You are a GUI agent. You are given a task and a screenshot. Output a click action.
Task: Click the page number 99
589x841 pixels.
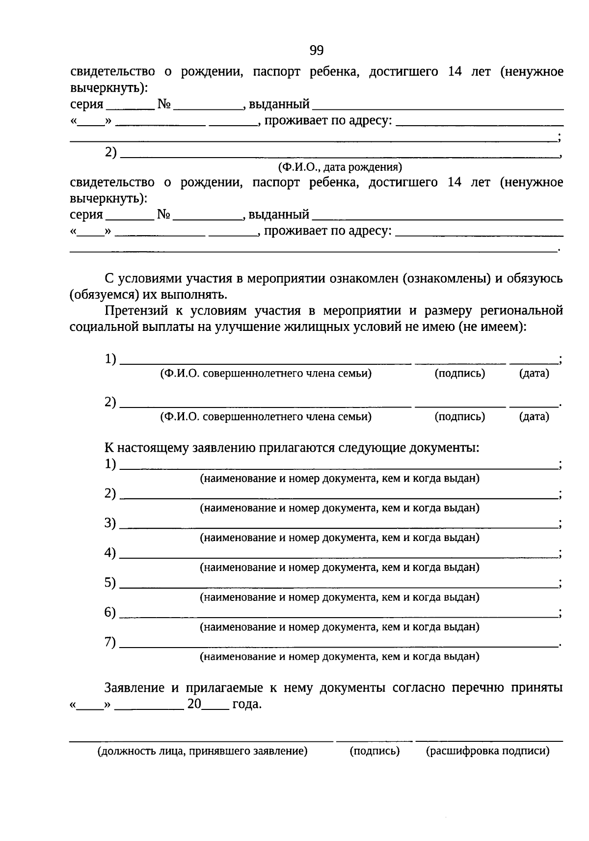[317, 51]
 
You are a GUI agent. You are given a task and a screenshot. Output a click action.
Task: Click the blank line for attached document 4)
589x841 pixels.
[339, 557]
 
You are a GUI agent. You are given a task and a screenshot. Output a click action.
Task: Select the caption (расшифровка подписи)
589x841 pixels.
[487, 751]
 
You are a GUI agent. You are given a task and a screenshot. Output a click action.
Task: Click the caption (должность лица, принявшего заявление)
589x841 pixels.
[203, 751]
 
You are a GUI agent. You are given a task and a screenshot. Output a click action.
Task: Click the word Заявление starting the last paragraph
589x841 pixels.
[134, 688]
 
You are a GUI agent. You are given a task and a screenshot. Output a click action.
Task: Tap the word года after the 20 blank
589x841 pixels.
[246, 705]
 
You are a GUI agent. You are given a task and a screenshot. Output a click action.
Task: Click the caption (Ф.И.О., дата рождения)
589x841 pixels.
[340, 167]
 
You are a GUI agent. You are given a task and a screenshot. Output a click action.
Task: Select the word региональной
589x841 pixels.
[522, 311]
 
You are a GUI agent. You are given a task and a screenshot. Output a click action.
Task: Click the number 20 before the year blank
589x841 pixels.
[194, 705]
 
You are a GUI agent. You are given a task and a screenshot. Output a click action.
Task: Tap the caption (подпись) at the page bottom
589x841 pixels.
[375, 751]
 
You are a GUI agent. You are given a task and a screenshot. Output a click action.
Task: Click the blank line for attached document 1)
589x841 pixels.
[339, 468]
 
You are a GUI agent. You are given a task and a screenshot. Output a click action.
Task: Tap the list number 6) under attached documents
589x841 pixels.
[110, 612]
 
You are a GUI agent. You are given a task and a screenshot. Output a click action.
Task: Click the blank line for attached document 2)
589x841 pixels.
[339, 498]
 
